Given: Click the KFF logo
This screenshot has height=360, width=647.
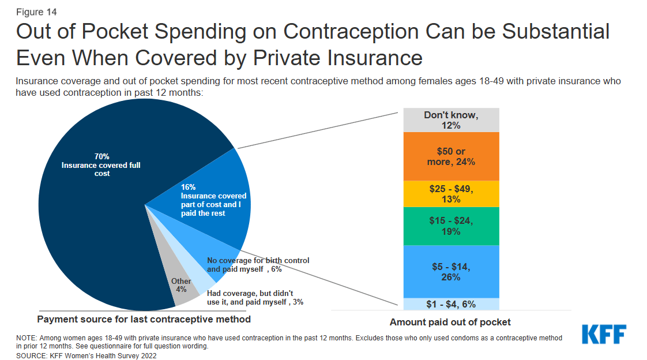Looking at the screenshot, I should (604, 335).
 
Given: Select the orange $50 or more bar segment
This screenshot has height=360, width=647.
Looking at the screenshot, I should (451, 156).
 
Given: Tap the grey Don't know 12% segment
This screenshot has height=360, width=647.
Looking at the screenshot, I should (451, 120).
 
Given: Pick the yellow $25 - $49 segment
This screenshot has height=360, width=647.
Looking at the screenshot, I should (451, 194).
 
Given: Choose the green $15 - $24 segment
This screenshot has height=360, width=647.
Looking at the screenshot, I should (451, 226).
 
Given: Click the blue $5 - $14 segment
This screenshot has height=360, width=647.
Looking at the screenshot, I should (451, 271).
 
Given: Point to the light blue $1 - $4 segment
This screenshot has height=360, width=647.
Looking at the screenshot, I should (451, 304).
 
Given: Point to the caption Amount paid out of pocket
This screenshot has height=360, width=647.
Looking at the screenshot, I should (450, 322).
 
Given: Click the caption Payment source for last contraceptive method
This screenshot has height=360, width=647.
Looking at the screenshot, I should (144, 319).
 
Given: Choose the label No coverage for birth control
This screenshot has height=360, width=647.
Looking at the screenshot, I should (258, 261).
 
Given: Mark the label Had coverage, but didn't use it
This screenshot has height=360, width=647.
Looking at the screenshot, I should (250, 293).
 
